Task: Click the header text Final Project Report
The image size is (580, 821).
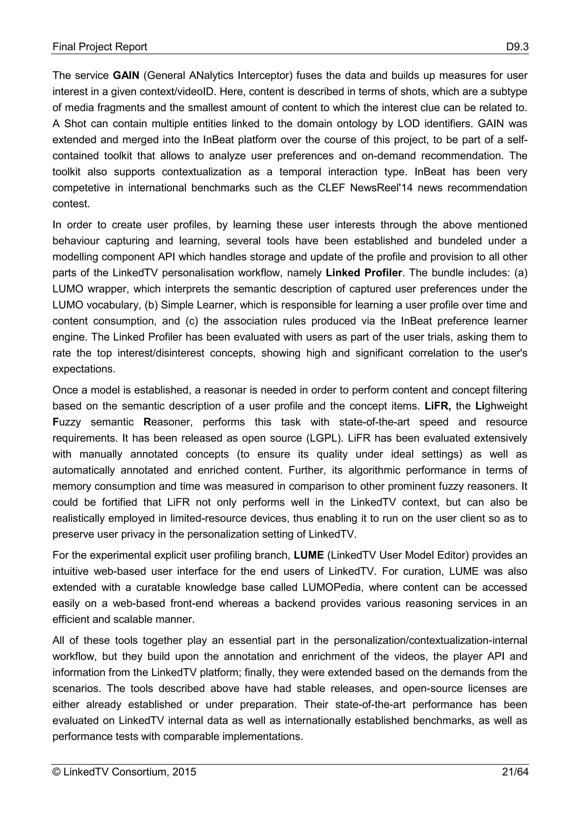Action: (x=100, y=47)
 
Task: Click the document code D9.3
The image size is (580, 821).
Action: (x=517, y=47)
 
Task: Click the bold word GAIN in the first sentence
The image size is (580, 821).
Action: (x=126, y=75)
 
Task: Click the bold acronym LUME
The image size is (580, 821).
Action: (x=309, y=555)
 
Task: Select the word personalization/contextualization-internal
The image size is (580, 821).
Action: (x=430, y=640)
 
